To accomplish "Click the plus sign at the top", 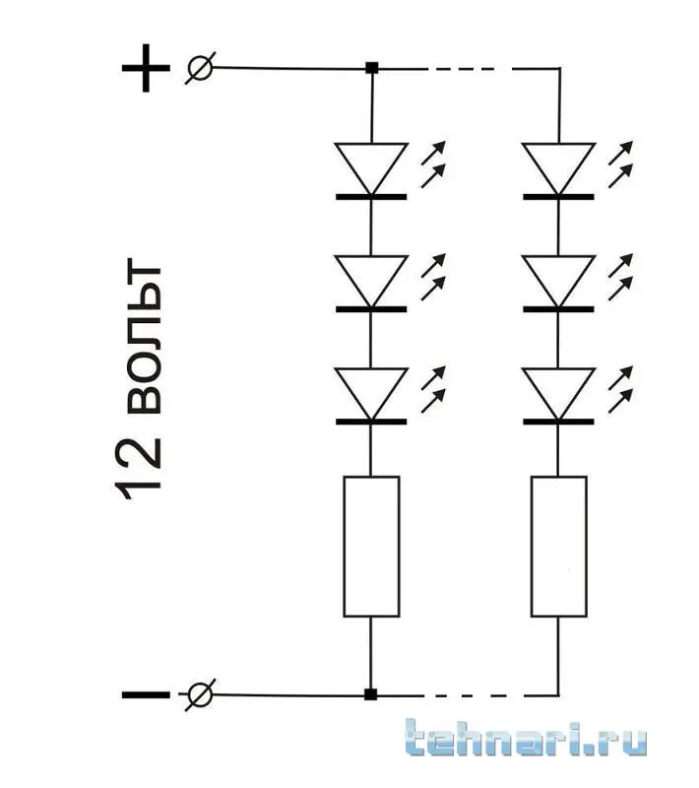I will [146, 69].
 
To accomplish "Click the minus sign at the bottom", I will [145, 694].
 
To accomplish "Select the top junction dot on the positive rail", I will [371, 69].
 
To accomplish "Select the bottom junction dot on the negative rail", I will [370, 694].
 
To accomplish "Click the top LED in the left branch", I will [370, 169].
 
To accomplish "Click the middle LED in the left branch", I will [370, 283].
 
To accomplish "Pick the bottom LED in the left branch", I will [370, 395].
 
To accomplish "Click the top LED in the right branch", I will [558, 169].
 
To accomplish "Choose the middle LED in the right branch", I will [558, 283].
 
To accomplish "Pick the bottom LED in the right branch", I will [558, 395].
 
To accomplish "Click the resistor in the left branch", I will [371, 547].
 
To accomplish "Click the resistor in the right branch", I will [558, 547].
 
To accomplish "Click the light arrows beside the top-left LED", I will [433, 163].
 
